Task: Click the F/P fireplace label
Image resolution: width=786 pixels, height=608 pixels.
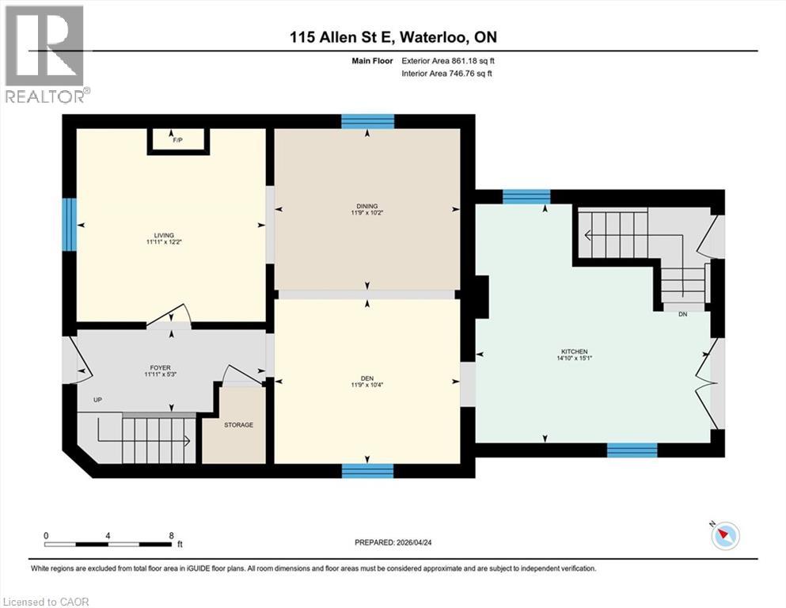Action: (x=178, y=140)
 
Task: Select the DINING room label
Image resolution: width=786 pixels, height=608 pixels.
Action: (x=366, y=207)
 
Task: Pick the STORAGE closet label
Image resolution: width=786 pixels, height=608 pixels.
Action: (x=238, y=425)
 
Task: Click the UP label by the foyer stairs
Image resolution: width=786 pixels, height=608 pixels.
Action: (x=98, y=400)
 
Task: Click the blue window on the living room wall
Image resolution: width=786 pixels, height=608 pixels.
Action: (x=70, y=222)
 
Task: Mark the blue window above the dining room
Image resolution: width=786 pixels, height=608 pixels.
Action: (x=367, y=121)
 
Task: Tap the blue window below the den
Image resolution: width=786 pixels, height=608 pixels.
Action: (x=367, y=471)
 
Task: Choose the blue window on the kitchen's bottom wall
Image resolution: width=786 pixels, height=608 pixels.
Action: (x=632, y=450)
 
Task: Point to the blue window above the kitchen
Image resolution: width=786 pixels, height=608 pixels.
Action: (x=526, y=196)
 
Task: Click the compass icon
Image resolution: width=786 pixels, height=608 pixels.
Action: (x=724, y=536)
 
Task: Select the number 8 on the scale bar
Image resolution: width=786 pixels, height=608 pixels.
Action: (x=171, y=535)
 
